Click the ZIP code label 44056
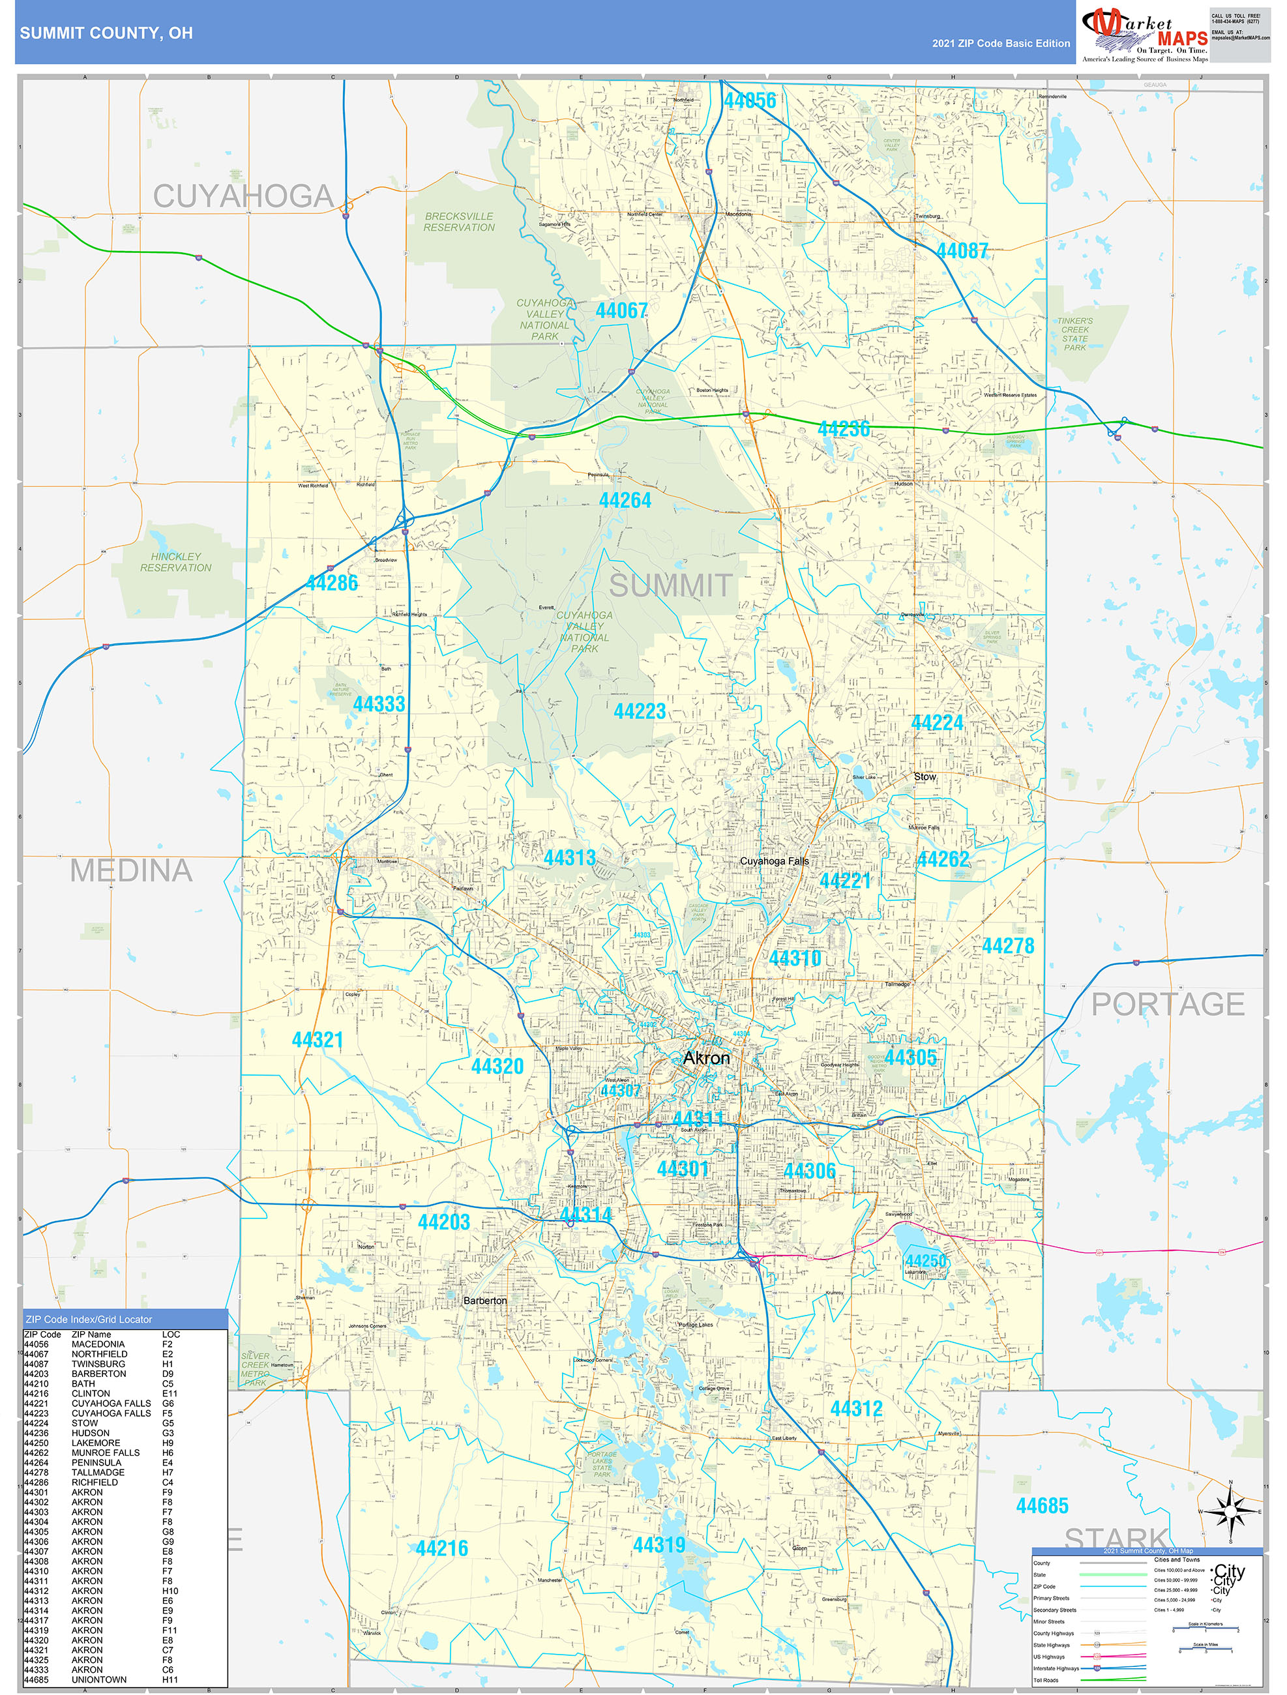(x=750, y=100)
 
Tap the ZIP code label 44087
(x=962, y=250)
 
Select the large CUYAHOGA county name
(x=243, y=197)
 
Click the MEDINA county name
(x=131, y=870)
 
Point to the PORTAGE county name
(x=1168, y=1004)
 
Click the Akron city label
(x=706, y=1058)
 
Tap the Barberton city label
(x=484, y=1301)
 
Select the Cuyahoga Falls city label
(x=774, y=861)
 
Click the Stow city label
(x=925, y=776)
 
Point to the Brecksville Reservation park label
(x=459, y=222)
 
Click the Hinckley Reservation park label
(x=175, y=562)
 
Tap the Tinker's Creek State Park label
(x=1074, y=334)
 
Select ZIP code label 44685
(x=1042, y=1506)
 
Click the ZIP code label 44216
(x=441, y=1548)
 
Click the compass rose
(x=1230, y=1512)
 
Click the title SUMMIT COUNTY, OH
(x=106, y=33)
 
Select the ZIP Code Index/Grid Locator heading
(x=89, y=1319)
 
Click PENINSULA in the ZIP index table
(x=96, y=1462)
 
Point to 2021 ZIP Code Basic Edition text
(x=1000, y=44)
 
